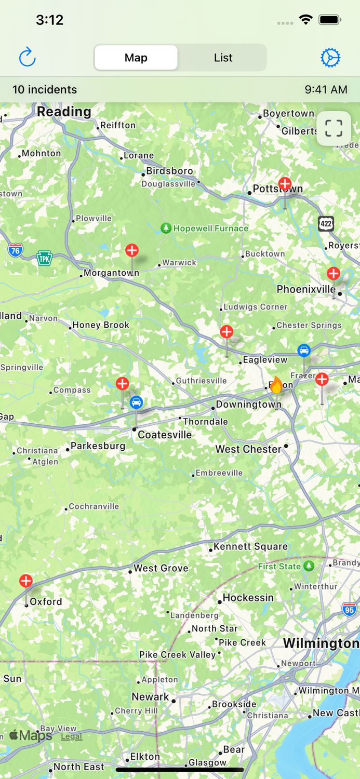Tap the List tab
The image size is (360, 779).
(x=223, y=58)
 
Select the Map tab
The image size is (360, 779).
(x=136, y=58)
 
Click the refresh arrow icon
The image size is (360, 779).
(x=27, y=57)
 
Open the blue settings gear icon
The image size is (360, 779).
(x=330, y=58)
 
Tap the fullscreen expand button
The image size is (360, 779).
(x=334, y=128)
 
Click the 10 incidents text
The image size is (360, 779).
(x=45, y=89)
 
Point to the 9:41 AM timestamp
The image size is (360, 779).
(x=326, y=89)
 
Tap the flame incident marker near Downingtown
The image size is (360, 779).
(x=276, y=386)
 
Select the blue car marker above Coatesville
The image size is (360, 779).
(x=136, y=402)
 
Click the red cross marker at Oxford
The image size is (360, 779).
(x=26, y=581)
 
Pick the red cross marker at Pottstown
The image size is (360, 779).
(x=285, y=184)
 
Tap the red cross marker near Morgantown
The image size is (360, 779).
(x=132, y=251)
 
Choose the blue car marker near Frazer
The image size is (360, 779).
(x=304, y=351)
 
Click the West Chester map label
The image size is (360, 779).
(x=248, y=449)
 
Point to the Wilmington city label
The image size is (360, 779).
(x=321, y=643)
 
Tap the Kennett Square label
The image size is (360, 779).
(x=250, y=546)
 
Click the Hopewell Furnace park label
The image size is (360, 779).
(x=210, y=229)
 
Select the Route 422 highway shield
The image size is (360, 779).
(x=326, y=224)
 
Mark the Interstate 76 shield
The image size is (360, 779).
(x=16, y=250)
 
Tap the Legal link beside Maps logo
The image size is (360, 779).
(x=72, y=736)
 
